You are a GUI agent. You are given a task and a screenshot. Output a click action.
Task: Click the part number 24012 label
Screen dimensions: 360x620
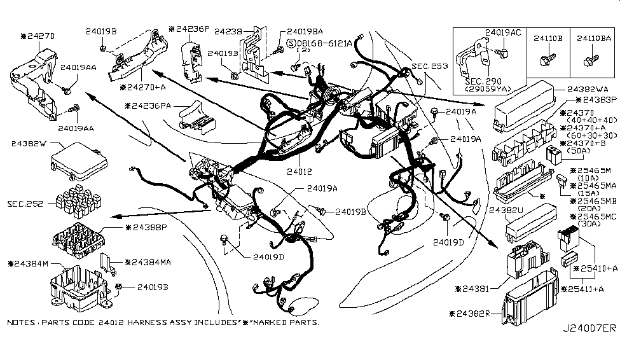coord(298,172)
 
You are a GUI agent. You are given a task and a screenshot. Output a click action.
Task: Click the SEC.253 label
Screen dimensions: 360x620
coord(429,66)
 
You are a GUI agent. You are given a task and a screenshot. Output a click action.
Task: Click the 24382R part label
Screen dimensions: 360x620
coord(478,313)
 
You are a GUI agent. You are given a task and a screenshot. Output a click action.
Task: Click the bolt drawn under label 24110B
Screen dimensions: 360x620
coord(545,60)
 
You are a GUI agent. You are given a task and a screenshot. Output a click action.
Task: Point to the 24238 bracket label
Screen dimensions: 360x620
coord(227,31)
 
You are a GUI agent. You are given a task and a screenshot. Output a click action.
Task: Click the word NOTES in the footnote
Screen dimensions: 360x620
coord(22,323)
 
